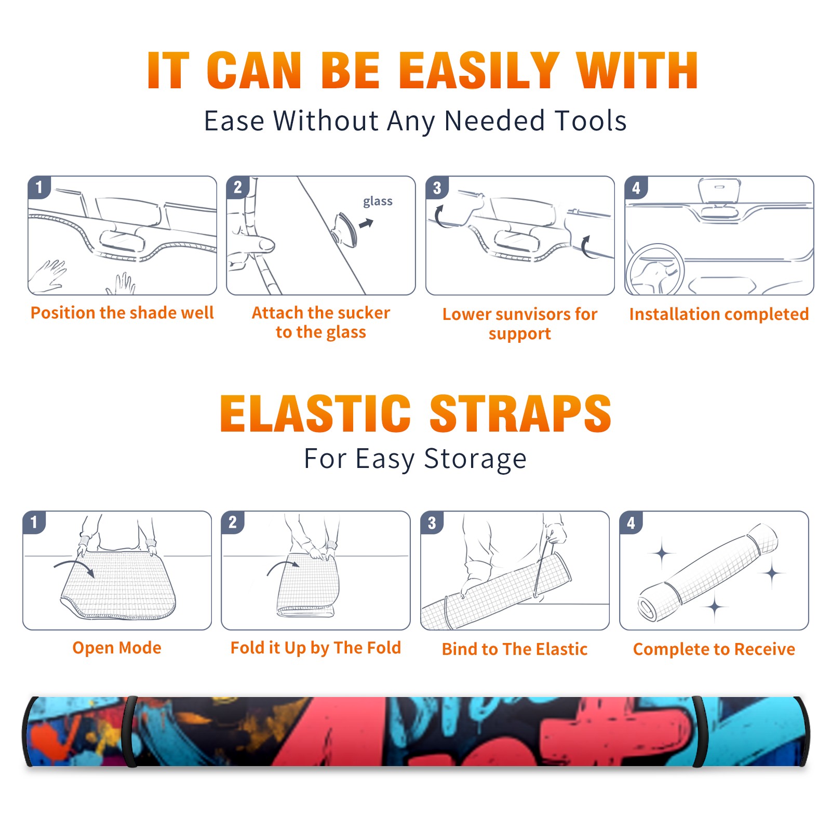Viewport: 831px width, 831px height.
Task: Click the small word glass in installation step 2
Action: pyautogui.click(x=378, y=202)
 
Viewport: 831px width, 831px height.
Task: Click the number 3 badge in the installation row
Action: pyautogui.click(x=437, y=187)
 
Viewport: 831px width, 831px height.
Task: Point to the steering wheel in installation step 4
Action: pyautogui.click(x=654, y=270)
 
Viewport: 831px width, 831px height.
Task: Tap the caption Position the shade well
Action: pyautogui.click(x=122, y=313)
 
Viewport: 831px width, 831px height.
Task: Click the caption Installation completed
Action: pyautogui.click(x=719, y=314)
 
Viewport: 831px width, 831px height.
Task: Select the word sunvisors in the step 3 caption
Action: pyautogui.click(x=532, y=314)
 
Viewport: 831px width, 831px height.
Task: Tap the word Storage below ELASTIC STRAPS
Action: pyautogui.click(x=475, y=459)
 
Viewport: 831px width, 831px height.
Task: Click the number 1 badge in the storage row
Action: pyautogui.click(x=34, y=522)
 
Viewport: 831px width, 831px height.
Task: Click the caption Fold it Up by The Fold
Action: pyautogui.click(x=316, y=648)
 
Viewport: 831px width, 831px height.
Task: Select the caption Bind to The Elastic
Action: pyautogui.click(x=515, y=649)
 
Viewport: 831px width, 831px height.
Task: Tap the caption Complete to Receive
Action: pyautogui.click(x=714, y=649)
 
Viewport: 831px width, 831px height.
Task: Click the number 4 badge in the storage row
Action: pyautogui.click(x=631, y=522)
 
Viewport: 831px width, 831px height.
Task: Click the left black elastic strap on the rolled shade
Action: pyautogui.click(x=130, y=731)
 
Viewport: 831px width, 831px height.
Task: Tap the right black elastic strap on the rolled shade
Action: pyautogui.click(x=699, y=731)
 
